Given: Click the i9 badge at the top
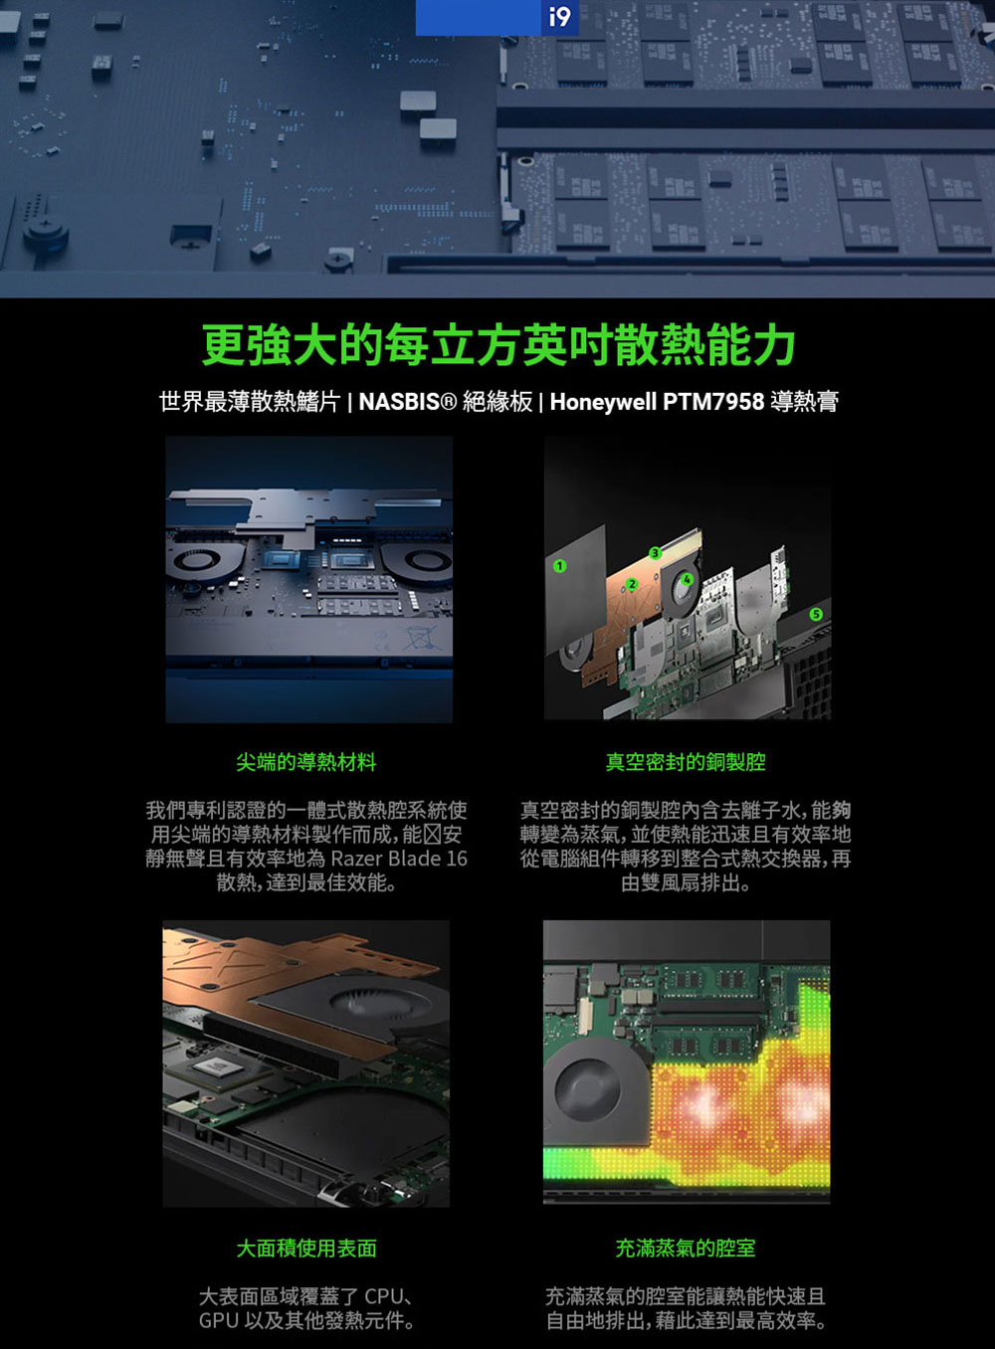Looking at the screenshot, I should pos(560,17).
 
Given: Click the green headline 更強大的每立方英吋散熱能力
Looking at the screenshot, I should pos(497,345).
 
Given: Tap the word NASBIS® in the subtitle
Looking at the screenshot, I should pos(407,402).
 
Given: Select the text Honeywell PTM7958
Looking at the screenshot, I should pos(657,402).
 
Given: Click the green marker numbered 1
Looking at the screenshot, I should pos(560,566).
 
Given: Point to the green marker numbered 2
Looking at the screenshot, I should pos(631,584).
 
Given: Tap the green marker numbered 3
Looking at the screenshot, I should pos(655,553).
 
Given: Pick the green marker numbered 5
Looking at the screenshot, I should pos(816,615).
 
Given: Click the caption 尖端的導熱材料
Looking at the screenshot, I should pos(306,762).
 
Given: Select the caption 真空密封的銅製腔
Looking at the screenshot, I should pos(686,762).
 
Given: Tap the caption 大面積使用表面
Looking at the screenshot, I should pos(306,1249).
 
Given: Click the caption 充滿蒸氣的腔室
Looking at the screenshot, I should pos(686,1249).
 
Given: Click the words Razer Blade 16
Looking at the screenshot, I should pos(398,859).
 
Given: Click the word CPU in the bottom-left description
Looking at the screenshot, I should pos(384,1297).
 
